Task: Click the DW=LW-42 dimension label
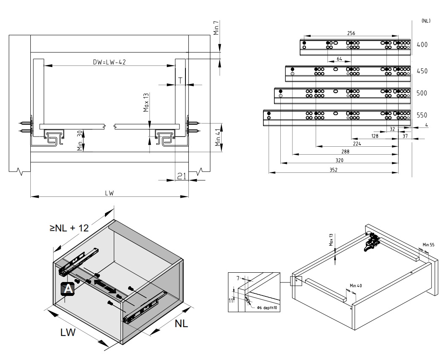coord(110,62)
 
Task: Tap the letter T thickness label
coord(180,80)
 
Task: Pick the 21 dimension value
coord(181,176)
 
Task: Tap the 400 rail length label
coord(422,44)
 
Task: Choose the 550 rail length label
coord(422,115)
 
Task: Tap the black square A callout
coord(67,289)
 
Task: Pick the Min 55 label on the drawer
coord(429,244)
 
